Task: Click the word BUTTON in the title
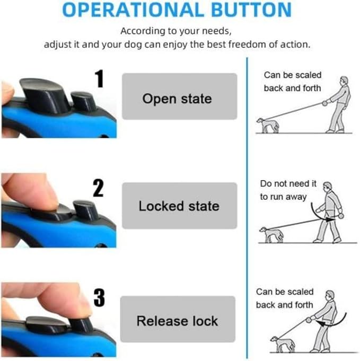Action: tap(251, 10)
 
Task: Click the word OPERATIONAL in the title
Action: tap(133, 10)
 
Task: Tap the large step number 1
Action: tap(100, 79)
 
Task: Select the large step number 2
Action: tap(99, 188)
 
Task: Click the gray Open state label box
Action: tap(180, 96)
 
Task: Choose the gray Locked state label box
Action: tap(180, 206)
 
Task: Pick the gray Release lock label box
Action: tap(178, 319)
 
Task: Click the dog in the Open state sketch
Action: tap(268, 125)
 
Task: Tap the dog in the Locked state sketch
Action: tap(271, 235)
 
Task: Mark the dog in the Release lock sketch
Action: tap(282, 344)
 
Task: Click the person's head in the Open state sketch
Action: tap(344, 81)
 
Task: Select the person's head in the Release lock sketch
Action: tap(330, 295)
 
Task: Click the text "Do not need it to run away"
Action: tap(288, 190)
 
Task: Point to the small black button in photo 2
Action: tap(85, 210)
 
